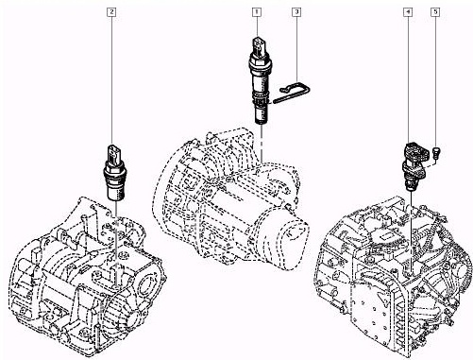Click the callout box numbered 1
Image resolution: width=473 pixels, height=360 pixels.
tap(257, 12)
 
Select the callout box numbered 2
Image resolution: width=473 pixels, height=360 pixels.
tap(111, 12)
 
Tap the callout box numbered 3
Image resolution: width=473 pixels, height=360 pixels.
tap(296, 12)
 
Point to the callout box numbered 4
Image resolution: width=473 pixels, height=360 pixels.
tap(408, 12)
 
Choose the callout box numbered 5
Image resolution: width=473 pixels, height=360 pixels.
tap(435, 12)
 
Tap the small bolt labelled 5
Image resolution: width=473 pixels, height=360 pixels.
tap(436, 152)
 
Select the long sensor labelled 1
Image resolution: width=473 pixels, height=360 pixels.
tap(260, 80)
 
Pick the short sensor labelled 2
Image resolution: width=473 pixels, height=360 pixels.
tap(114, 173)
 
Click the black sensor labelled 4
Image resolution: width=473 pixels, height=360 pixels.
tap(414, 166)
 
